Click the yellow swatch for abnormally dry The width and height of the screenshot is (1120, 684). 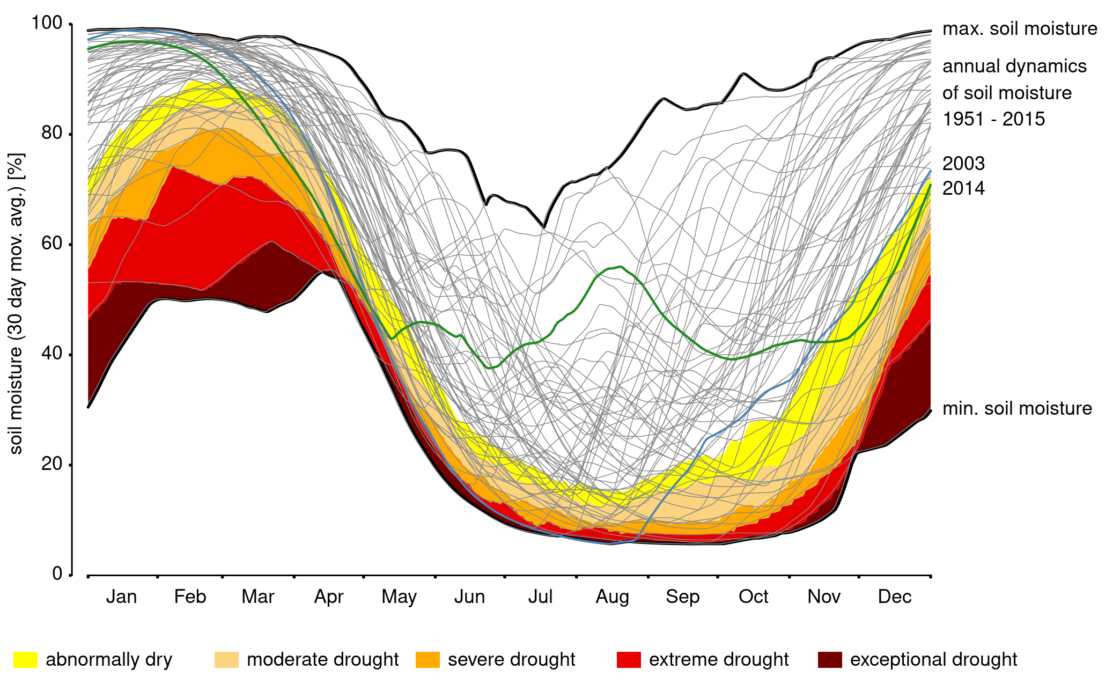point(25,659)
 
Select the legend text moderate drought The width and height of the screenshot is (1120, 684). point(322,659)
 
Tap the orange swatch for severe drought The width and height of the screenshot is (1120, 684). point(428,659)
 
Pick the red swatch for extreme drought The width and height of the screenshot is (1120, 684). point(629,659)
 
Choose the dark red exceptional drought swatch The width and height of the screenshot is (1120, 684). point(830,659)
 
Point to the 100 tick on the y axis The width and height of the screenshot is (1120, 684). point(47,23)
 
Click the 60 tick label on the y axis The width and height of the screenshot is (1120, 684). point(52,244)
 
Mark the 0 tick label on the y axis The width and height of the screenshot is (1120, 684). point(57,574)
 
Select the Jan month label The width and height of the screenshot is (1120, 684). point(121,597)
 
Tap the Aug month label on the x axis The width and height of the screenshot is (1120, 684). point(612,597)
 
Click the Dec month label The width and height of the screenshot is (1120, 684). point(894,597)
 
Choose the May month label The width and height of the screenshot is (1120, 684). point(399,597)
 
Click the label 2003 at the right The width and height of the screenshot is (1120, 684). point(963,163)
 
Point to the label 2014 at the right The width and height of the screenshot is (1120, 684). point(963,188)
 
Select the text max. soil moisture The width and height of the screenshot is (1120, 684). point(1020,28)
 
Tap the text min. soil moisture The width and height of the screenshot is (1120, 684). point(1017,408)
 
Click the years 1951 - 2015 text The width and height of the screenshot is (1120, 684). point(993,119)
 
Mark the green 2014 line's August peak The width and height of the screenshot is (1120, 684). point(620,266)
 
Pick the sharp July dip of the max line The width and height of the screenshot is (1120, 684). point(544,227)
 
